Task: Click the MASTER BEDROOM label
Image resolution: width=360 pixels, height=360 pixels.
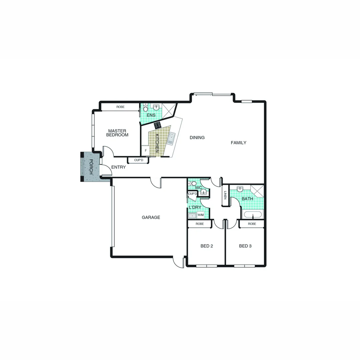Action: point(117,133)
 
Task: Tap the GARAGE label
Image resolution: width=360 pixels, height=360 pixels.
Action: point(151,217)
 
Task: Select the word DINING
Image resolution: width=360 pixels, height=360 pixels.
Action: point(197,137)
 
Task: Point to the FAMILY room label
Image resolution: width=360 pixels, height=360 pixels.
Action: point(239,143)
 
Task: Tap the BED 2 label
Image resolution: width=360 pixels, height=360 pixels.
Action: point(207,246)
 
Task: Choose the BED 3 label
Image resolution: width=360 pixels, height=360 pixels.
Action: point(245,246)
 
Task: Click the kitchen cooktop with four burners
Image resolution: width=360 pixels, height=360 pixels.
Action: point(157,125)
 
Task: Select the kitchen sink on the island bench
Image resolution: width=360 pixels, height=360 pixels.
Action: point(171,139)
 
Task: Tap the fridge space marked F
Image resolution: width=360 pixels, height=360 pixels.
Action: point(146,151)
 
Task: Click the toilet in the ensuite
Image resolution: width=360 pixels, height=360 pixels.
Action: point(146,108)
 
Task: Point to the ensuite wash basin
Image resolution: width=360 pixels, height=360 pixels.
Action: point(156,107)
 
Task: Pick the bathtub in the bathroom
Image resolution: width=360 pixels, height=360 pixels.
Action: point(253,215)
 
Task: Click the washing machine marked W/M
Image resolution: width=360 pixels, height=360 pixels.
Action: point(200,215)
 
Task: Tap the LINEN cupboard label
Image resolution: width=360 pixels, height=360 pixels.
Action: point(226,195)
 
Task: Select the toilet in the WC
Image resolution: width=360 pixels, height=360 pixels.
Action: point(193,183)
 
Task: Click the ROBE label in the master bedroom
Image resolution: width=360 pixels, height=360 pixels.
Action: point(120,107)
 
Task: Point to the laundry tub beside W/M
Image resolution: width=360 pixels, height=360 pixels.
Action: point(192,216)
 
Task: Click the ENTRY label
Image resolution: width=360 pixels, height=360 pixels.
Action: point(118,167)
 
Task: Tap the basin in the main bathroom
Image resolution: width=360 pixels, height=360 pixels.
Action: point(239,189)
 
